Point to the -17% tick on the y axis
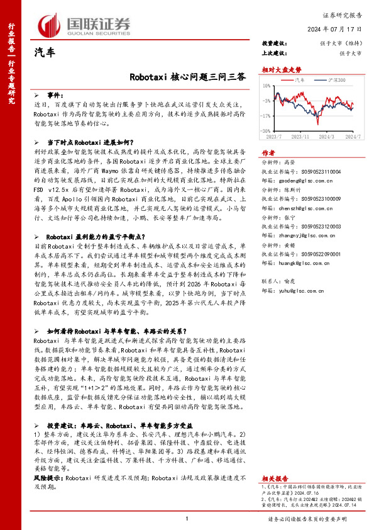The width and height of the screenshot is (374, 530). [267, 116]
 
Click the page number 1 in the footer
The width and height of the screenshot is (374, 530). [187, 518]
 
